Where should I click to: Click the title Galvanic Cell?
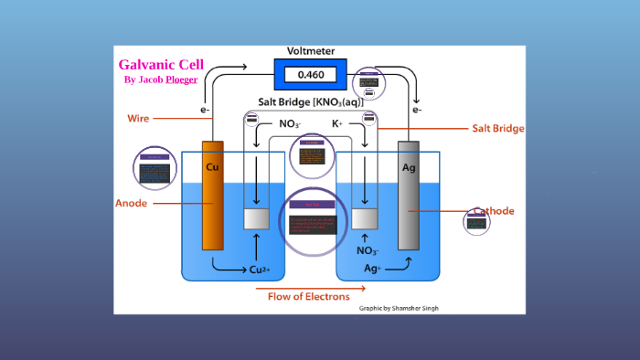coord(161,65)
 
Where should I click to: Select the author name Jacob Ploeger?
coord(161,80)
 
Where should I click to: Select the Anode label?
coord(132,202)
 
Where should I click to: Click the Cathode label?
coord(494,211)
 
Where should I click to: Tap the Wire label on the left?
coord(138,118)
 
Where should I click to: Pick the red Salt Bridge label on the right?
coord(497,129)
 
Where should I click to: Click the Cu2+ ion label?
coord(260,270)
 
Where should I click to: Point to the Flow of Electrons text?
coord(308,296)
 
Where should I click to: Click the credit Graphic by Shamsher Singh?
coord(399,309)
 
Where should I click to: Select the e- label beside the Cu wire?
coord(206,110)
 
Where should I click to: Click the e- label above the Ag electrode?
coord(417,110)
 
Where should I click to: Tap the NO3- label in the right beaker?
coord(368,250)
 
